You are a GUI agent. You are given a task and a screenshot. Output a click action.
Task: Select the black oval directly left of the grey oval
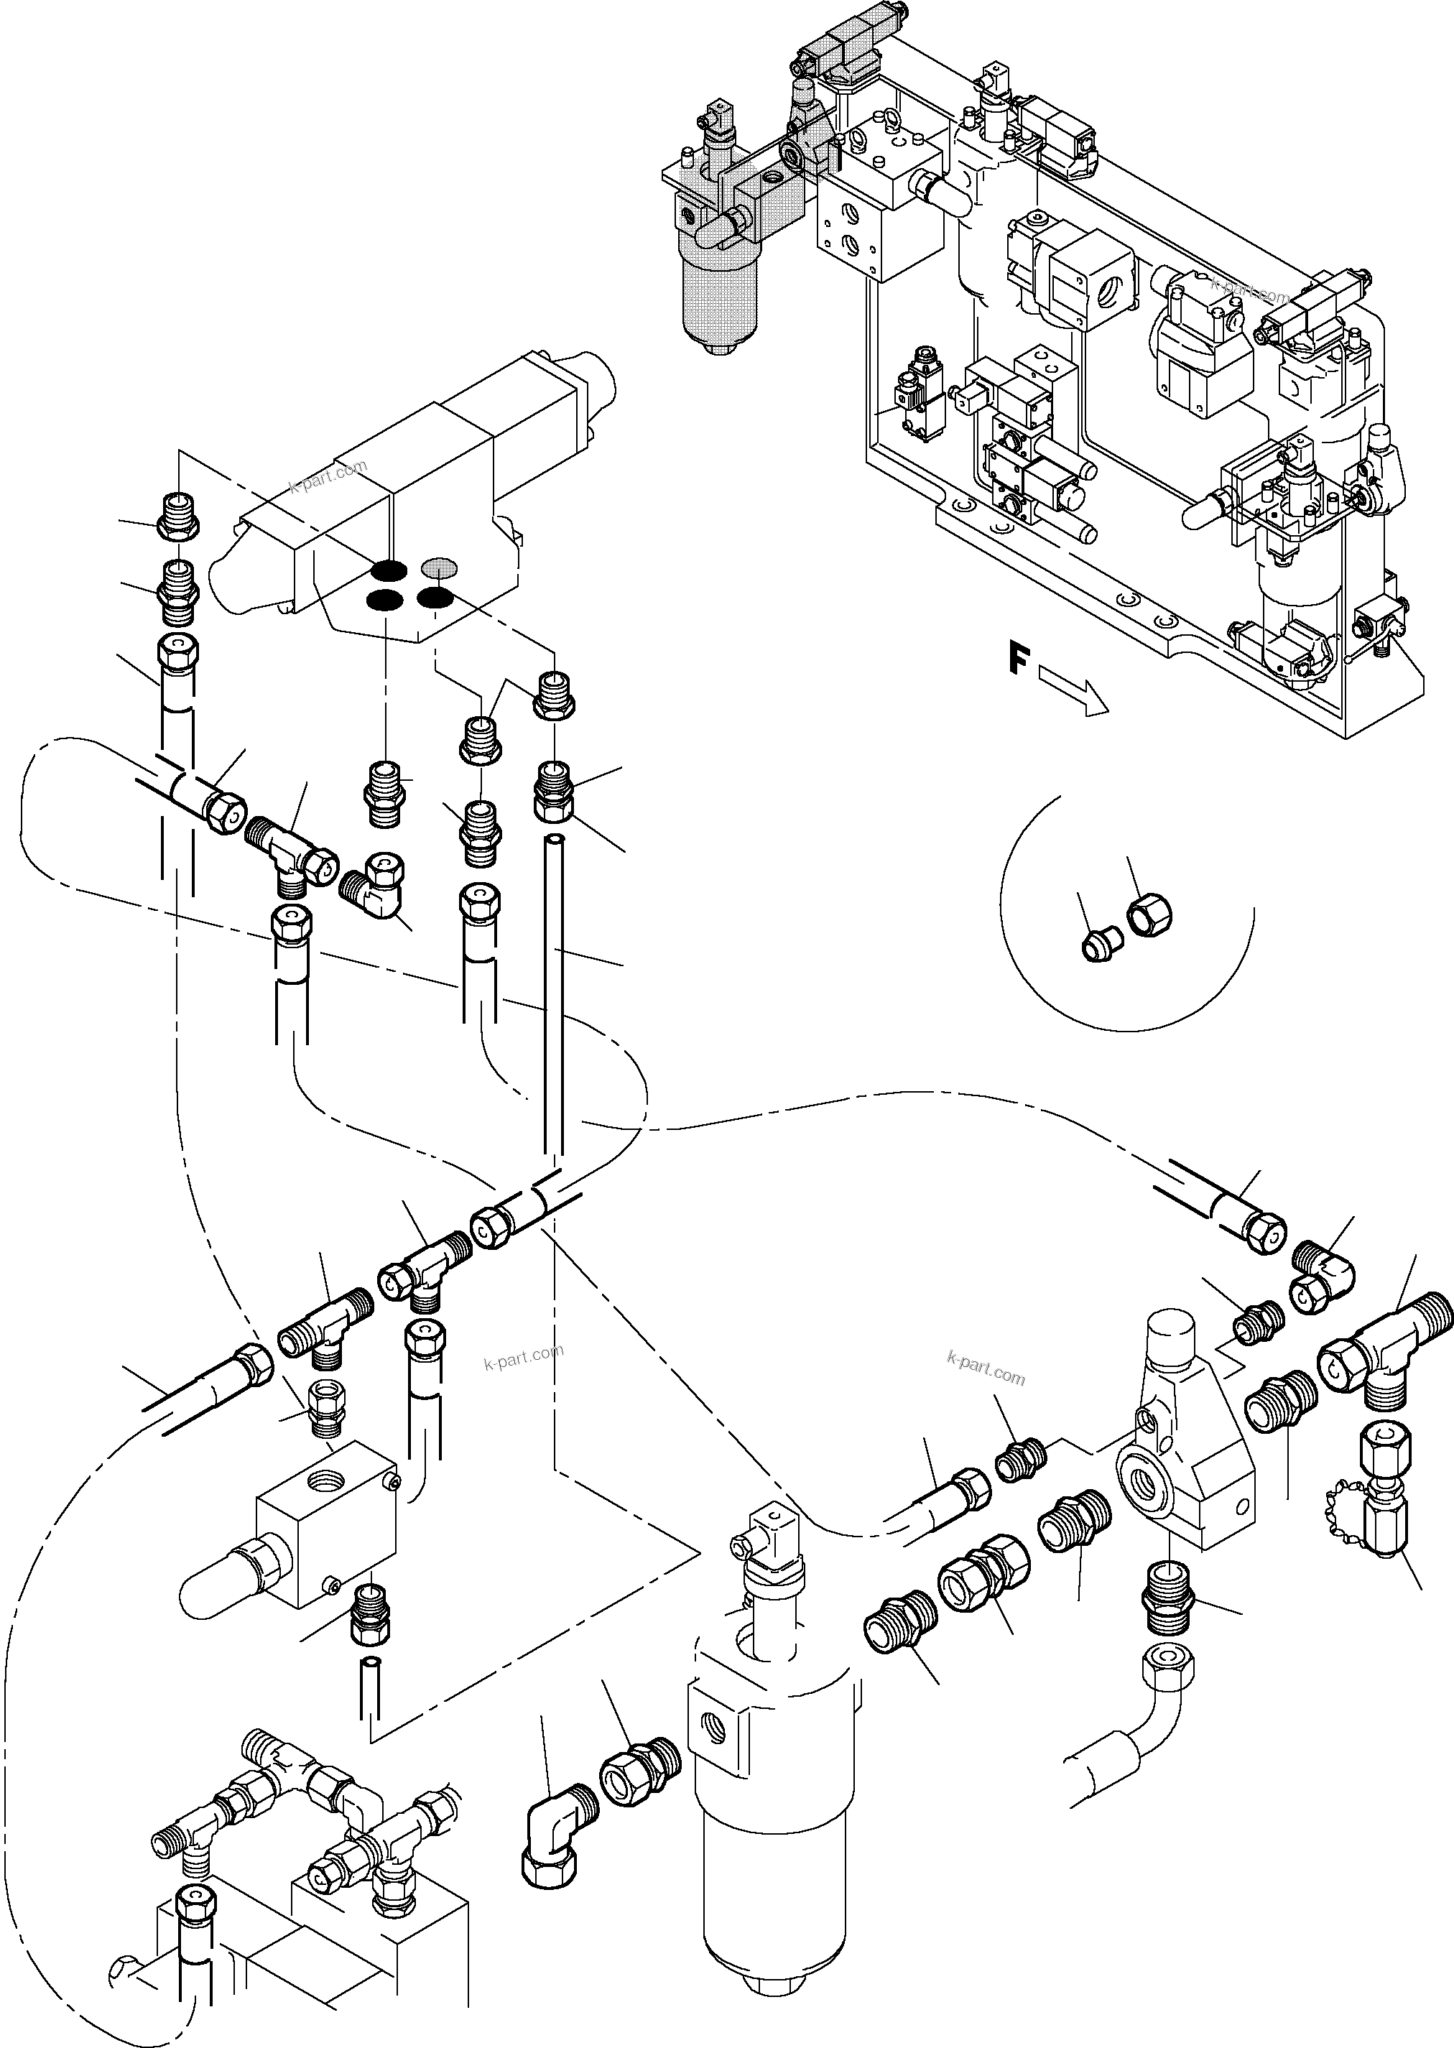pyautogui.click(x=389, y=568)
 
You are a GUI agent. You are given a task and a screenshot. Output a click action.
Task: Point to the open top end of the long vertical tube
pyautogui.click(x=557, y=840)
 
